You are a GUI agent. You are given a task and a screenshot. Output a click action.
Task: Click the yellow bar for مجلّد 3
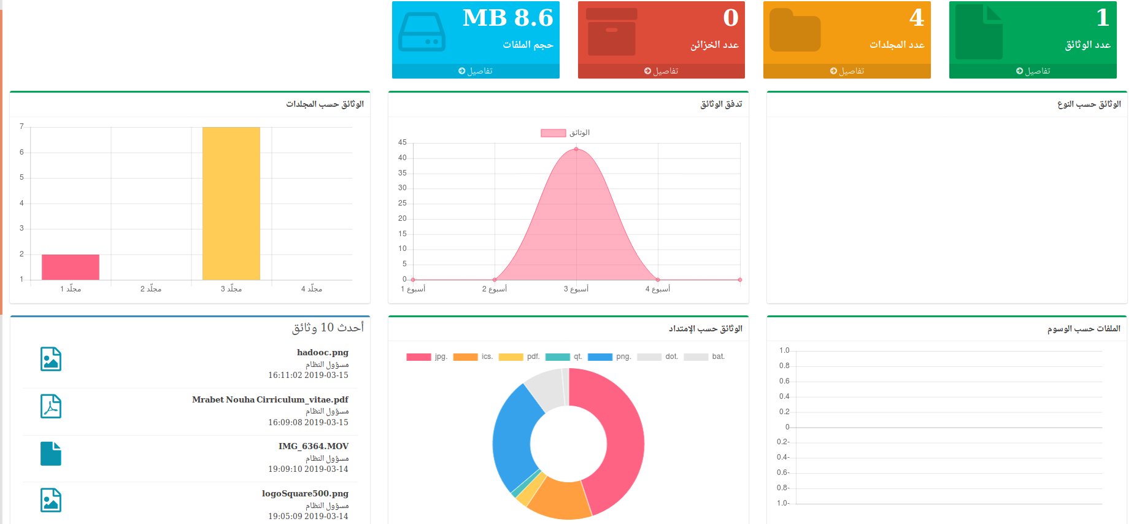coord(231,203)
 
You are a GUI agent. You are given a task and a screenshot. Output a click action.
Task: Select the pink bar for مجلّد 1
coord(71,267)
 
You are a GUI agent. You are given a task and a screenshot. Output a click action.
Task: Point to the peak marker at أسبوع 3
coord(576,149)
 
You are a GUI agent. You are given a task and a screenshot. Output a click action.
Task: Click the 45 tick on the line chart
coord(403,142)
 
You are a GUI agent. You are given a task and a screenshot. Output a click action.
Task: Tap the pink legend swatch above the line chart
coord(553,133)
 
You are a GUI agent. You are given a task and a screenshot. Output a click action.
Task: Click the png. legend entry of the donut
coord(609,356)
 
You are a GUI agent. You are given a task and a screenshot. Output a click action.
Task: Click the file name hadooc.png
coord(322,352)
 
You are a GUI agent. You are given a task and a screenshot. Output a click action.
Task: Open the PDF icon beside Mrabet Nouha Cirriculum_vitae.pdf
coord(51,406)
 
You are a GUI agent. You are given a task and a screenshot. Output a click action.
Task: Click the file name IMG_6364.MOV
coord(313,446)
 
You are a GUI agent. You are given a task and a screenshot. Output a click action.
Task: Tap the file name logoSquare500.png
coord(305,493)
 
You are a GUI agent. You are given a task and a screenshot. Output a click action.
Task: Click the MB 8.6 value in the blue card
coord(507,18)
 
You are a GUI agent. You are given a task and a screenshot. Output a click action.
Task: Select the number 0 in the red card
coord(730,18)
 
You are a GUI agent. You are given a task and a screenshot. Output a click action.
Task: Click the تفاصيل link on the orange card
coord(847,71)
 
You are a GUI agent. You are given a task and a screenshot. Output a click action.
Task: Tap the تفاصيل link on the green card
coord(1033,71)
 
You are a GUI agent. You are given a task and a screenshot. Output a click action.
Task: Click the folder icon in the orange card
coord(795,31)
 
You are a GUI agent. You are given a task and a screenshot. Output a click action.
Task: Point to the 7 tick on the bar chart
coord(21,126)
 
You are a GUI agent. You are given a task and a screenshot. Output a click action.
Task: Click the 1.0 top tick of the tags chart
coord(784,350)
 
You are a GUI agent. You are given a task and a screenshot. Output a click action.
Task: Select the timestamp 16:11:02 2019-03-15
coord(308,375)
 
